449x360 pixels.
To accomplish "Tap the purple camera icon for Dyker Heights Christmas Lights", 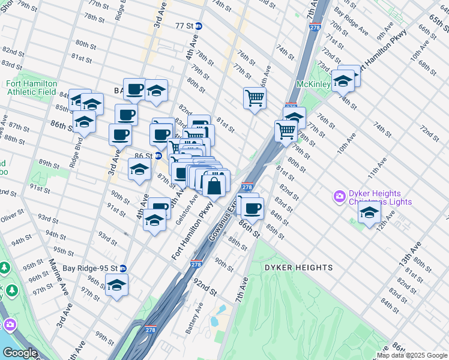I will click(339, 196).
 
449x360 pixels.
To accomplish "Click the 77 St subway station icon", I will click(199, 26).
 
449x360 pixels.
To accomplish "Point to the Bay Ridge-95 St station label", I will click(89, 268).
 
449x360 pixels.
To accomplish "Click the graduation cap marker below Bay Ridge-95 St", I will click(117, 286).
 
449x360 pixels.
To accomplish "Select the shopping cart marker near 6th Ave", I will click(255, 97).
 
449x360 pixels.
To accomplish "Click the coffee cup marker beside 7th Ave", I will click(253, 208).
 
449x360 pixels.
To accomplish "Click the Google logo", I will click(20, 353).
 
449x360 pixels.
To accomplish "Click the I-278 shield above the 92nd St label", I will click(196, 264).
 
